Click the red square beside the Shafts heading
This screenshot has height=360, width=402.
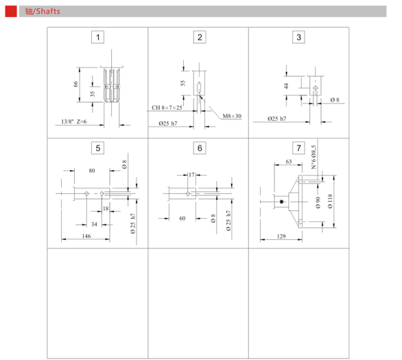click(x=11, y=11)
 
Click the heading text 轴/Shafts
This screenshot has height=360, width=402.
click(x=43, y=11)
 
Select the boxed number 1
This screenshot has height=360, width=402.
click(x=97, y=38)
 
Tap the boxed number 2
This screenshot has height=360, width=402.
click(x=200, y=38)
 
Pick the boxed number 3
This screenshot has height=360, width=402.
click(x=298, y=38)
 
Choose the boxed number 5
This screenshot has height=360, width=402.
click(x=97, y=148)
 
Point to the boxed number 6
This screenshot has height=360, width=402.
click(x=200, y=148)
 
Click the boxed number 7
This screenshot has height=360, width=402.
click(x=298, y=148)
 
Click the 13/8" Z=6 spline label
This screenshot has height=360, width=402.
click(x=74, y=121)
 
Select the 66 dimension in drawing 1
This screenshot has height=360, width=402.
click(x=75, y=84)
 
